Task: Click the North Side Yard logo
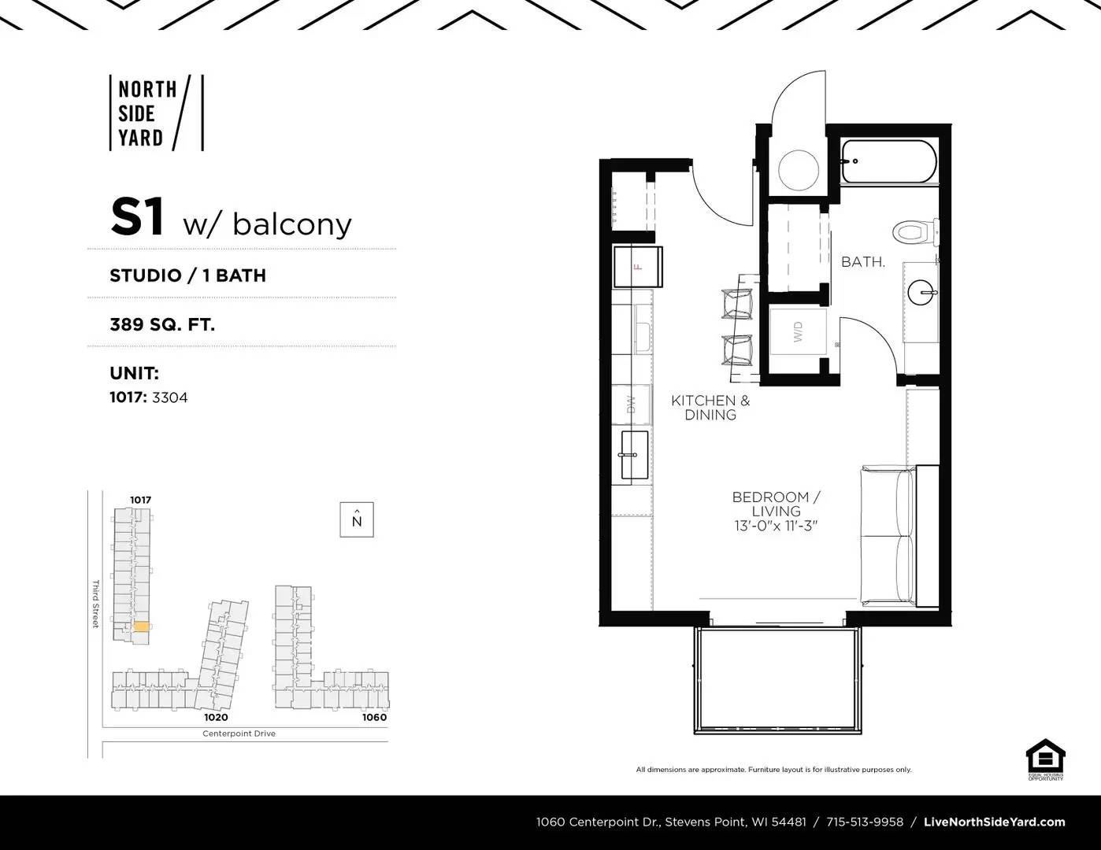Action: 156,113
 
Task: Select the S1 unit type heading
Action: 138,218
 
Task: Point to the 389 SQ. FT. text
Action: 162,323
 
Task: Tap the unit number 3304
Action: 169,397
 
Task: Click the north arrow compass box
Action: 357,519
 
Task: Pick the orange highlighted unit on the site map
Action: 141,626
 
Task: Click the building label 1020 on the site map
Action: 216,717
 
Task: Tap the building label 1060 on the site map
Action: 374,717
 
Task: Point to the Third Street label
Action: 96,604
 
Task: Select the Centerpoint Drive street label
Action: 239,734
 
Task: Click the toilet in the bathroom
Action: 914,232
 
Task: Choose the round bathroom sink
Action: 922,294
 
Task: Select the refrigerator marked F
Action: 637,267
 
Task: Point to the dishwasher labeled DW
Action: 632,405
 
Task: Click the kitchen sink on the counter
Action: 634,454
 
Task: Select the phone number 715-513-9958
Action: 865,822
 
